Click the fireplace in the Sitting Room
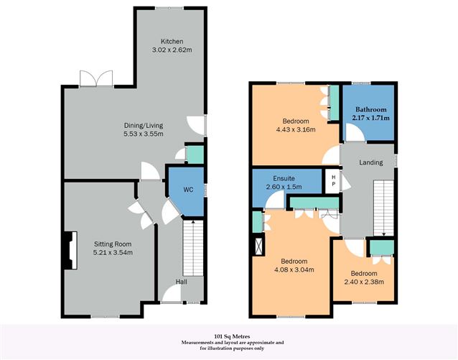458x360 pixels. (69, 250)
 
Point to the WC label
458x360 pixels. (189, 190)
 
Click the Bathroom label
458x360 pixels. (370, 109)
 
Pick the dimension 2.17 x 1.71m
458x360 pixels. (370, 117)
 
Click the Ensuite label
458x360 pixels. (284, 179)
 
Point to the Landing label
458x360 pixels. (371, 162)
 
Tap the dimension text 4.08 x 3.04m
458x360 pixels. (294, 269)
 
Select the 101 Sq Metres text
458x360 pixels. (228, 336)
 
